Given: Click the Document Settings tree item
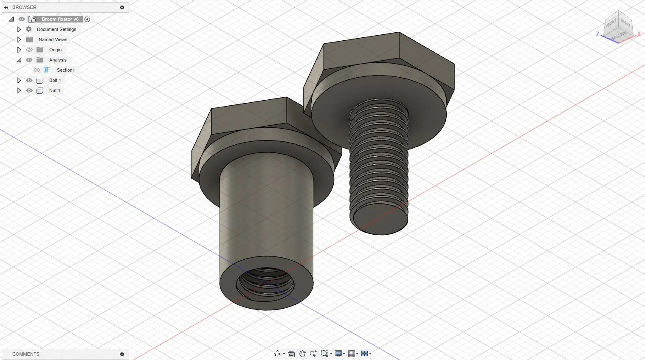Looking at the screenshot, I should point(56,29).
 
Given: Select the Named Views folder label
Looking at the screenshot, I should point(53,39).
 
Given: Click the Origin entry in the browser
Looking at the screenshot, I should point(55,50).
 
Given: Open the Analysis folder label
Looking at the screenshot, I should point(58,60).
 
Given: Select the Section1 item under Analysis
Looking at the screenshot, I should point(65,70).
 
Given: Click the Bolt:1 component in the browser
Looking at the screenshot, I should point(55,80).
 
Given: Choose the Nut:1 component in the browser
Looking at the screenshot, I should point(54,90).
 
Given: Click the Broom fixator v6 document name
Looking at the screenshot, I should point(60,19).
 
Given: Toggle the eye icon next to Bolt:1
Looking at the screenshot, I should point(29,80).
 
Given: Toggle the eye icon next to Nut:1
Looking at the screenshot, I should point(29,90).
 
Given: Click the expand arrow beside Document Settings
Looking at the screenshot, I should point(19,29).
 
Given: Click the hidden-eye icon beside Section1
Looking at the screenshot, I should point(37,70).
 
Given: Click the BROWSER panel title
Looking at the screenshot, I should point(24,7).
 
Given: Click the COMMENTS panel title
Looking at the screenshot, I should point(25,354).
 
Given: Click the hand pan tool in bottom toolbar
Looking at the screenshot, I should point(302,354).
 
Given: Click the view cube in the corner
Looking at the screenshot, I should point(619,26).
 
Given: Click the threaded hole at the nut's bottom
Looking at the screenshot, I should point(266,283).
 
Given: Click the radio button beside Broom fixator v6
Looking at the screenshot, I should point(87,19).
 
